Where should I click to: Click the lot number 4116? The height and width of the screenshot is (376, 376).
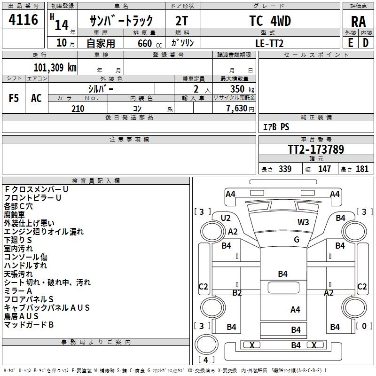click(23, 20)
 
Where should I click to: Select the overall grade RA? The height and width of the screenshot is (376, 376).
click(358, 22)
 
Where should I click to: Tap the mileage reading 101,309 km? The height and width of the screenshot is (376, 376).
click(55, 67)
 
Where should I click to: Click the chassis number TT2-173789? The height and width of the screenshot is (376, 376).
click(316, 150)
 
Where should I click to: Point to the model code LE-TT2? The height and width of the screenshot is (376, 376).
click(271, 43)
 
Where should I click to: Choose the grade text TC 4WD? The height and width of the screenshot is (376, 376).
click(270, 21)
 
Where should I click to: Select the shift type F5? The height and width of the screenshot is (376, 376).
click(14, 98)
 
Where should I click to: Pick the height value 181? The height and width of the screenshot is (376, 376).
click(362, 169)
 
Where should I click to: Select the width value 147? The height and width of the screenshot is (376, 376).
click(324, 169)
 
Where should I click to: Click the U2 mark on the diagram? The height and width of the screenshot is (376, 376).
click(226, 218)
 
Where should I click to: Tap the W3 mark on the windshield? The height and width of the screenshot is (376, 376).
click(303, 222)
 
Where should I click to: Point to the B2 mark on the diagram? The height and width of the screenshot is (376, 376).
click(237, 293)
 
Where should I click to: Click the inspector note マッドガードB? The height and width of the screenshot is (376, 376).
click(29, 325)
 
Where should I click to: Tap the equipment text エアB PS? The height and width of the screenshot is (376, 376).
click(276, 127)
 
